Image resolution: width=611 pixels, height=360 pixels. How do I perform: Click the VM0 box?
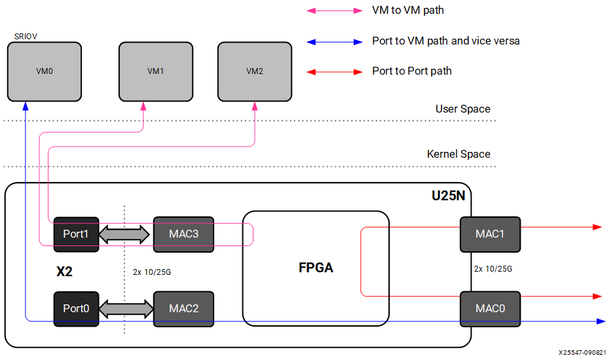point(44,71)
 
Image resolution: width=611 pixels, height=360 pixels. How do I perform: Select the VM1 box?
point(155,71)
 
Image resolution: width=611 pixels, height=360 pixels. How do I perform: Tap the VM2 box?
point(254,71)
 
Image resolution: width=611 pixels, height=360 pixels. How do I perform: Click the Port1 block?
point(76,234)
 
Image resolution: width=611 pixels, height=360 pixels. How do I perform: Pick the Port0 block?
point(76,308)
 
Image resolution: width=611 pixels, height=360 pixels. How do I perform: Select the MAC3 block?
point(183,234)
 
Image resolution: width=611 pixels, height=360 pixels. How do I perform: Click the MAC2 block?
point(183,308)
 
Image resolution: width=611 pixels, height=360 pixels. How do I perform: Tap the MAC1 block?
point(490,234)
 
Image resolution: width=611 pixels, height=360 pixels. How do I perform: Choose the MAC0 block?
point(490,308)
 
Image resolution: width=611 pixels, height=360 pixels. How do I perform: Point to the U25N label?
point(447,195)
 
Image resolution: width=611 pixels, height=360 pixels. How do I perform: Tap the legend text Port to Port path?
point(412,71)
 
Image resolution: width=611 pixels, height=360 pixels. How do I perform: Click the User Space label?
point(462,109)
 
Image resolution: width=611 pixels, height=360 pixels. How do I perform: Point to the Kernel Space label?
point(458,154)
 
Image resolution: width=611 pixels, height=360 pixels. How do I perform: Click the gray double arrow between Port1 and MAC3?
point(125,234)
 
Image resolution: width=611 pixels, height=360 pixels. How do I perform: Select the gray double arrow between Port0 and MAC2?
point(125,308)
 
